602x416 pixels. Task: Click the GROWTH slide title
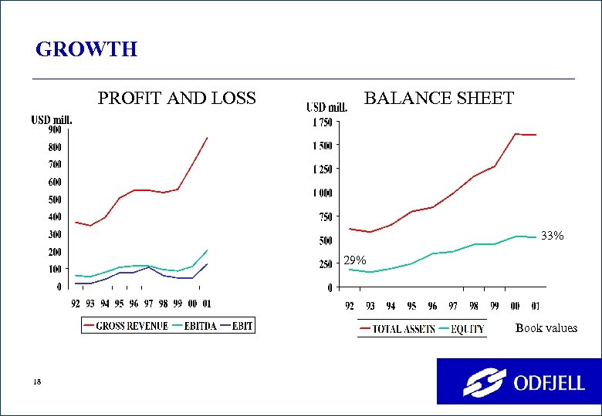coord(86,50)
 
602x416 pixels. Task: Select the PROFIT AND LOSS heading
coord(176,99)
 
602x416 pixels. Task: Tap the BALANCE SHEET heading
coord(438,99)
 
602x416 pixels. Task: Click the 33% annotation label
coord(552,236)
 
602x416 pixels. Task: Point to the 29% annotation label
coord(355,261)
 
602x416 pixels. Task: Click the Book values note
coord(546,328)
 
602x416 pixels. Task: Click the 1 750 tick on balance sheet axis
coord(323,122)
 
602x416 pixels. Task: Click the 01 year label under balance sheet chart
coord(535,306)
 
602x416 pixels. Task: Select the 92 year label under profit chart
coord(75,304)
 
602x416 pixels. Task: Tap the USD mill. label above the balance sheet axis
coord(326,107)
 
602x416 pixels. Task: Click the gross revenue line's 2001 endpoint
coord(208,138)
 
